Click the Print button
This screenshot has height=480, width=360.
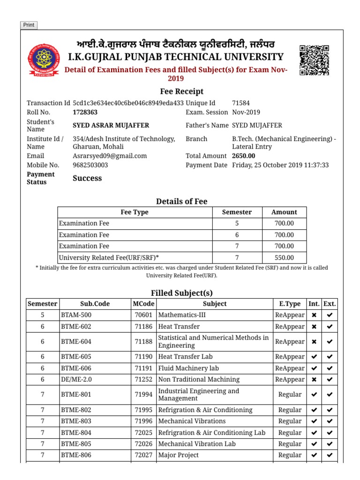coord(29,25)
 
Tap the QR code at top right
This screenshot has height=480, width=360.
coord(314,60)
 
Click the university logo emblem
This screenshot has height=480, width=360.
coord(44,61)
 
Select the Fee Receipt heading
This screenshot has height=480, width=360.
coord(181,91)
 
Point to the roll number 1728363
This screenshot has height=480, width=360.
coord(85,112)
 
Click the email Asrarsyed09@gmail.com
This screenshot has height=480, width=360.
coord(110,156)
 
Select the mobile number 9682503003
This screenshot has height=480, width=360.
coord(90,165)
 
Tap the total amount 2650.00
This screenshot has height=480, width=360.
coord(244,156)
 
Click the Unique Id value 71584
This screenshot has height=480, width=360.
coord(241,103)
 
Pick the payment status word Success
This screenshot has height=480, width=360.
coord(87,179)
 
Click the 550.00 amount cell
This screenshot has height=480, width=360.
coord(284,258)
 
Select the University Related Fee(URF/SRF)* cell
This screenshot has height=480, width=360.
coord(109,258)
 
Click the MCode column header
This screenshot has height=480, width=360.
coord(143,304)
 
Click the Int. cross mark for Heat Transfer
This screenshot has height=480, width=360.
coord(314,327)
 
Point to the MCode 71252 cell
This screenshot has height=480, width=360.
coord(143,380)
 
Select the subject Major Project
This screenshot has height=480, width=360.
coord(179,455)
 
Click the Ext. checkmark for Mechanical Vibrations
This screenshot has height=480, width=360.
coord(330,421)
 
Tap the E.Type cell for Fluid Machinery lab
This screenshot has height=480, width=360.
coord(290,368)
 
